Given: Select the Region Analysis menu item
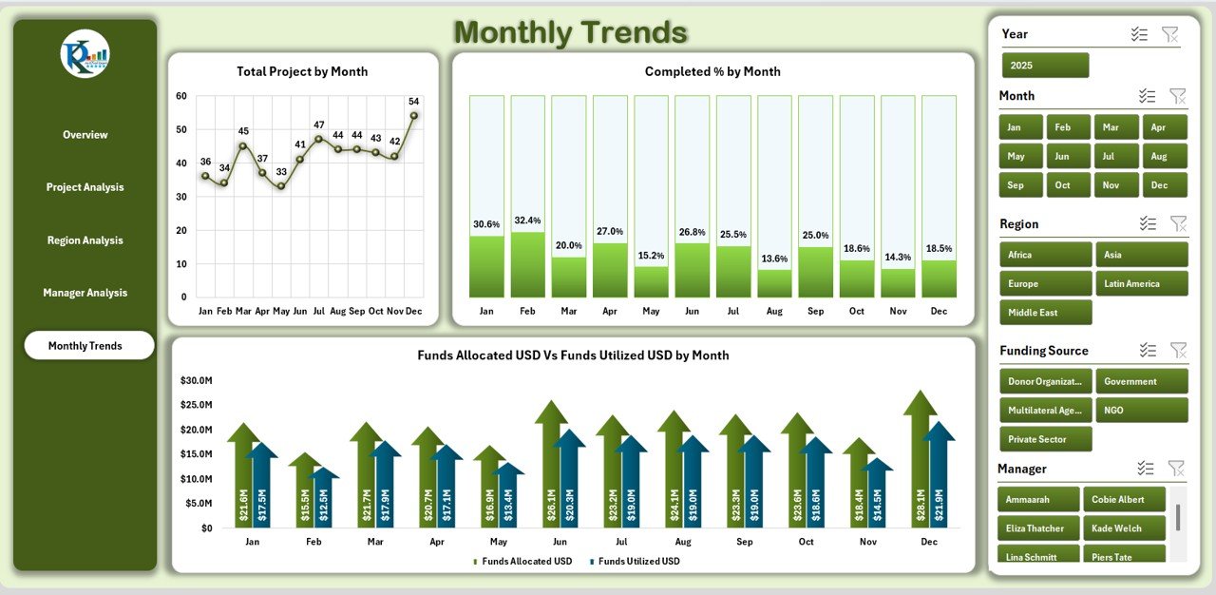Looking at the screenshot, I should pyautogui.click(x=85, y=240).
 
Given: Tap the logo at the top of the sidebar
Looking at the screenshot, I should pyautogui.click(x=85, y=54).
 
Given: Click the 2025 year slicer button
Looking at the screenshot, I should pyautogui.click(x=1045, y=66).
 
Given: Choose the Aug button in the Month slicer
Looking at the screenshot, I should pyautogui.click(x=1165, y=156).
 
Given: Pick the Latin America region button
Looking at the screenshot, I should pyautogui.click(x=1141, y=283).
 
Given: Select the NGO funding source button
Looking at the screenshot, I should pyautogui.click(x=1141, y=411).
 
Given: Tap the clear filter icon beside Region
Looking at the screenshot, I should pyautogui.click(x=1178, y=223).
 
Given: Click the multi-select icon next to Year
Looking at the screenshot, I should pyautogui.click(x=1139, y=34).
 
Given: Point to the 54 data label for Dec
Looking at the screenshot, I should pyautogui.click(x=413, y=102).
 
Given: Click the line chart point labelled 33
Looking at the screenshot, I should pyautogui.click(x=281, y=186).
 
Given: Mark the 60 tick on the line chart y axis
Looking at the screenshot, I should pyautogui.click(x=180, y=96).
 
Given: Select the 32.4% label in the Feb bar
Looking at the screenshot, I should pyautogui.click(x=527, y=221).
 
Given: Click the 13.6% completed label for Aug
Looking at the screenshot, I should pyautogui.click(x=774, y=259).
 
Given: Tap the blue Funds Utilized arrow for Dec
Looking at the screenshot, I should pyautogui.click(x=939, y=475).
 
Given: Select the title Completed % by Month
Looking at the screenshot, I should pyautogui.click(x=712, y=71).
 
